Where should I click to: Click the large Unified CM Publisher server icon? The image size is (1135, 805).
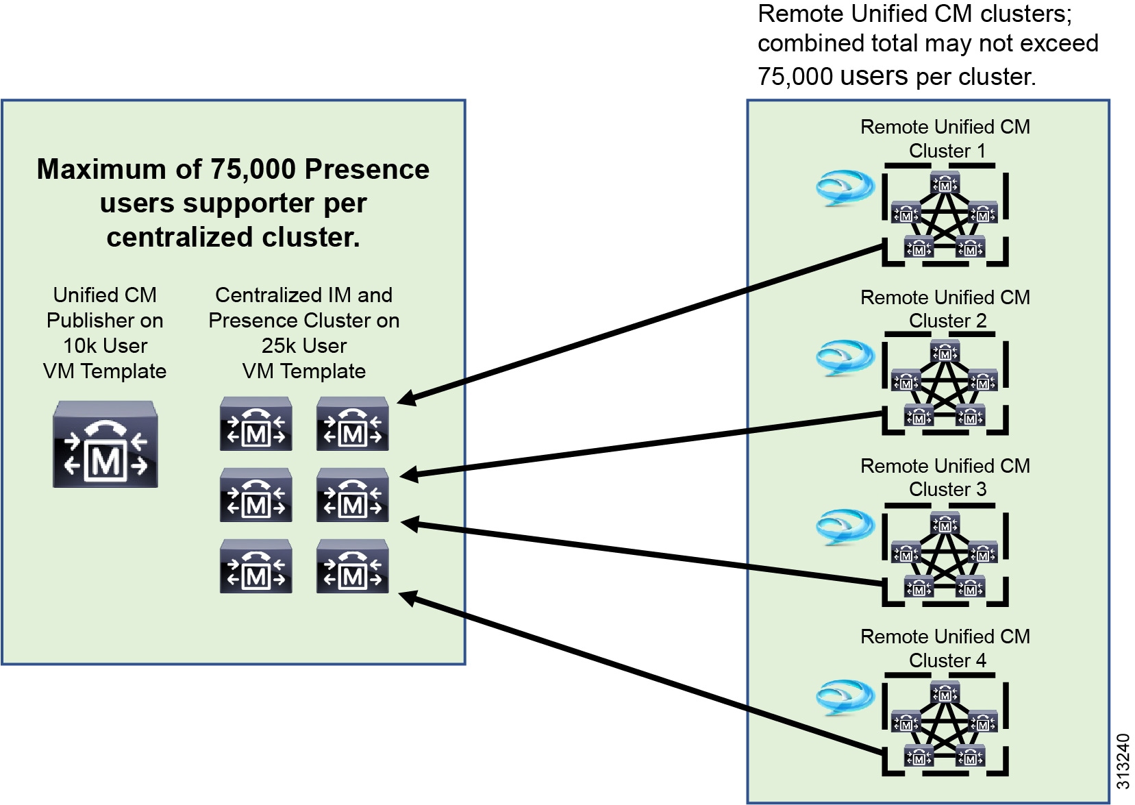(105, 445)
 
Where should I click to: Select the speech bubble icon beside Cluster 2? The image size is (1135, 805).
(845, 358)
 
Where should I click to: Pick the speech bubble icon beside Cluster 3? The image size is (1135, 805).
(845, 528)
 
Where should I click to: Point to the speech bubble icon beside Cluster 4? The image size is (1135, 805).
(845, 697)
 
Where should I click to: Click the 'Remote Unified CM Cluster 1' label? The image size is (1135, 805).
(945, 138)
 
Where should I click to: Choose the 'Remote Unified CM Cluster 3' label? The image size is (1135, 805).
(945, 478)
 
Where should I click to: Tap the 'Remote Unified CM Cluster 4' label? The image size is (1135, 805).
(945, 648)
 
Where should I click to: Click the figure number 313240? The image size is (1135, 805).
(1122, 761)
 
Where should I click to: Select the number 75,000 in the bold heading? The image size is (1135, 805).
(253, 169)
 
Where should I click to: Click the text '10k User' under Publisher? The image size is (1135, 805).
(105, 346)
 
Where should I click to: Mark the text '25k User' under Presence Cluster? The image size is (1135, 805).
(304, 346)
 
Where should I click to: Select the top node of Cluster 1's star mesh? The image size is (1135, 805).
(945, 184)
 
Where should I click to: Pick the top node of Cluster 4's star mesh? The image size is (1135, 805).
(945, 694)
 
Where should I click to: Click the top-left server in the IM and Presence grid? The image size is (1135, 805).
(256, 425)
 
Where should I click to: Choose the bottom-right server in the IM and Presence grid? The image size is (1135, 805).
(353, 567)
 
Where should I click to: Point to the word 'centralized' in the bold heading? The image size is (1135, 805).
(179, 238)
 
